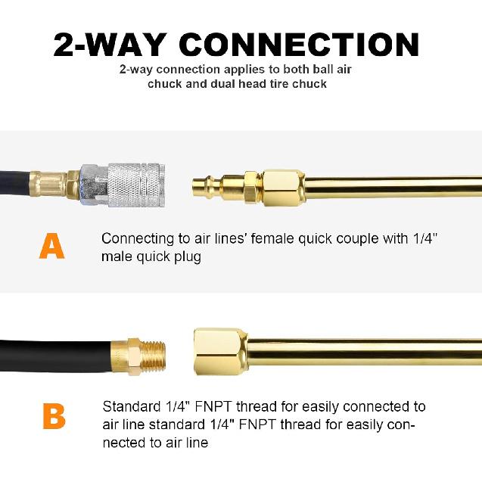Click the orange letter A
coord(51,246)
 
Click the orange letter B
coord(53,416)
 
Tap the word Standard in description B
coord(129,408)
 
